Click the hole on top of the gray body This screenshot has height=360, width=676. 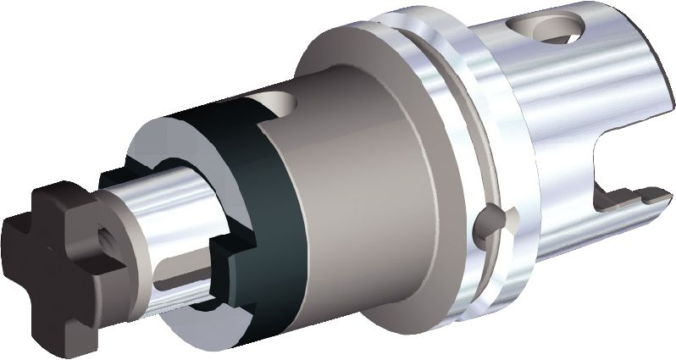click(285, 105)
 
